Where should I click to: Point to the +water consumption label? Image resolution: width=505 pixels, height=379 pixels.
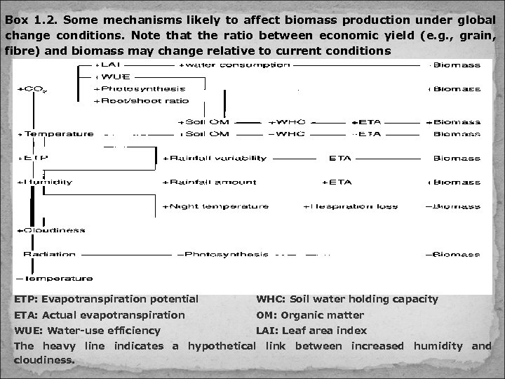coord(235,65)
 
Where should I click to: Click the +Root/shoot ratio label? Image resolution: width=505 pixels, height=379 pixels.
coord(141,100)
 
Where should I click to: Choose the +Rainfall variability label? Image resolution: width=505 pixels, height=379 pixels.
coord(215,158)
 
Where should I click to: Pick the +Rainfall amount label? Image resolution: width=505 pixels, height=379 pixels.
coord(209,182)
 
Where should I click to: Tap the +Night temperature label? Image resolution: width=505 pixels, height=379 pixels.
coord(215,206)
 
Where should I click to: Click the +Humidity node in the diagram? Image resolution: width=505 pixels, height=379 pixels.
coord(47,182)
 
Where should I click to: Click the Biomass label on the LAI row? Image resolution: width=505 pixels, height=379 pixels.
coord(456,65)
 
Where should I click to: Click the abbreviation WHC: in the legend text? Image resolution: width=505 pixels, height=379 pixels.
coord(271,299)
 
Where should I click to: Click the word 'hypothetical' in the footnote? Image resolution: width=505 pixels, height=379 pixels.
coord(222,345)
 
